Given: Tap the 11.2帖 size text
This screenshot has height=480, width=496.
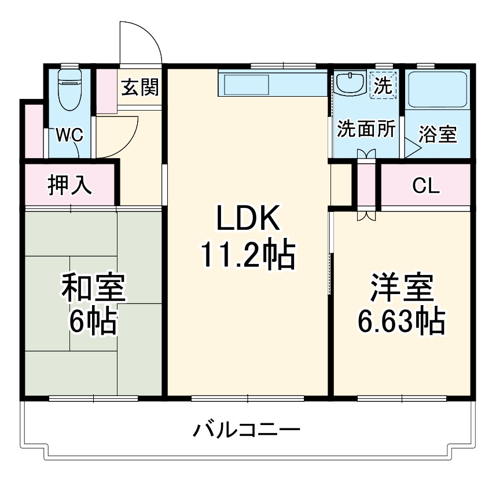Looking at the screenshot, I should [x=248, y=255].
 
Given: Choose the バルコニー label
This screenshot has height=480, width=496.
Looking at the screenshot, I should [x=247, y=430].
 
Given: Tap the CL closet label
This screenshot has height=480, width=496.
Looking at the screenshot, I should [x=426, y=186].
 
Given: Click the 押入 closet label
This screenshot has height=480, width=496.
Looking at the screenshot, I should [x=69, y=185].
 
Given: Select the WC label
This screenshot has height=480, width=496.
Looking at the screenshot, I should [x=69, y=135].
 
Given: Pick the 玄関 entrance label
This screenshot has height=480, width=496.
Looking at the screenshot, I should [x=139, y=87].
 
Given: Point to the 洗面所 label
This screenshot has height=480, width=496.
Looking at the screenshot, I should [x=366, y=129].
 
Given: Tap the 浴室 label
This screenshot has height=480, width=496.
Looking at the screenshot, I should [x=438, y=134].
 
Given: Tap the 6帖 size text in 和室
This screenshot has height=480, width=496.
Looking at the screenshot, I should [x=93, y=322].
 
